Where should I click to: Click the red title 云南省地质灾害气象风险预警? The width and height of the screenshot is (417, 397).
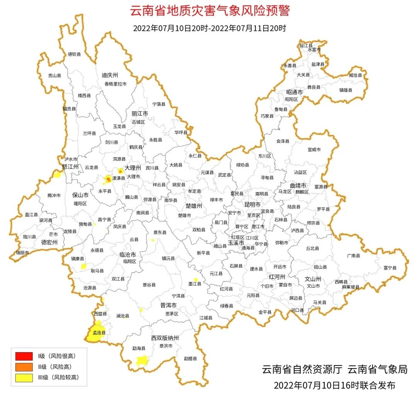click(209, 10)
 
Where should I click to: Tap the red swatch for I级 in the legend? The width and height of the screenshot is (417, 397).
click(24, 356)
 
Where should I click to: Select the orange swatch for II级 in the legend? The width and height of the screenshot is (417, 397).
click(24, 366)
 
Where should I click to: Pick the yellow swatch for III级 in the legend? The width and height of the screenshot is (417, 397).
click(24, 377)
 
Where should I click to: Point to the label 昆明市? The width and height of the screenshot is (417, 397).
click(253, 204)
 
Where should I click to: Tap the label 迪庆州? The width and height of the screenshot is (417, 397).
click(110, 75)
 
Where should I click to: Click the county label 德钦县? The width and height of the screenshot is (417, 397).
click(74, 54)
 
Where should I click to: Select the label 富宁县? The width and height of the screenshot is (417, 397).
click(390, 267)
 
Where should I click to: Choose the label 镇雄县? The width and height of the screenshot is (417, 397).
click(346, 90)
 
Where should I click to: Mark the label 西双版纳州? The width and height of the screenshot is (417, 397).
click(165, 338)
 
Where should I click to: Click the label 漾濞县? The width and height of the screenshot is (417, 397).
click(118, 178)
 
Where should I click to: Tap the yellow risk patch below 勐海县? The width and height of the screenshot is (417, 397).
click(142, 361)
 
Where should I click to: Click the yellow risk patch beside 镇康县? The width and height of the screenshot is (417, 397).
click(83, 266)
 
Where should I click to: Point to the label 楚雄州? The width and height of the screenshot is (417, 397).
click(194, 206)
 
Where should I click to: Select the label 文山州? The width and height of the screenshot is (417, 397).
click(313, 278)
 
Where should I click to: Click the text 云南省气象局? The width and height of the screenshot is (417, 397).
click(378, 369)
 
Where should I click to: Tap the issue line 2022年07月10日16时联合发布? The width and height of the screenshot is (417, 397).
click(334, 385)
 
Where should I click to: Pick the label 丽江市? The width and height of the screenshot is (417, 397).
click(140, 114)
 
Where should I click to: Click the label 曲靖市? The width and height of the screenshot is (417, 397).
click(298, 185)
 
